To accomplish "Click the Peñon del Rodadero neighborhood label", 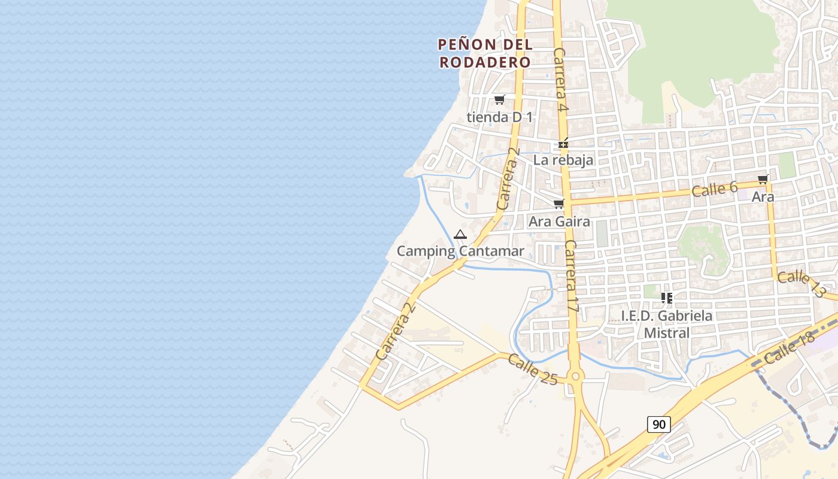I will (x=485, y=53).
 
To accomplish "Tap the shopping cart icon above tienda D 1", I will (x=499, y=99).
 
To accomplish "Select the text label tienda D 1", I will (x=499, y=117).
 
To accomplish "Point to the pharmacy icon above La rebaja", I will (x=563, y=143).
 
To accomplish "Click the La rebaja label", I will (x=563, y=160).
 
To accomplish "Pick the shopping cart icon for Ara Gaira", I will (x=558, y=204).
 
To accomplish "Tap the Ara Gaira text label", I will (x=559, y=222).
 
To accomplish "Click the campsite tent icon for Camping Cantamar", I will (x=460, y=234).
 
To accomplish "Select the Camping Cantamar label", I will (x=460, y=251).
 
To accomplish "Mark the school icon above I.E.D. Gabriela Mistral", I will (x=667, y=298).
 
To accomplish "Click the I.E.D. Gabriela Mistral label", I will (x=667, y=324).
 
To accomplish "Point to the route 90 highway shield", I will (x=658, y=425).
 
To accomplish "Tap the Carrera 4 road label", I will (x=560, y=80).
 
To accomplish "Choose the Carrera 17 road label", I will (x=572, y=276).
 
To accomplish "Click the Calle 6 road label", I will (x=714, y=189).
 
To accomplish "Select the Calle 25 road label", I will (x=533, y=369).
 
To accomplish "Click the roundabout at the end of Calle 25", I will (x=575, y=377).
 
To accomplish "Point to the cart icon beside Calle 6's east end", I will (x=763, y=179).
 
